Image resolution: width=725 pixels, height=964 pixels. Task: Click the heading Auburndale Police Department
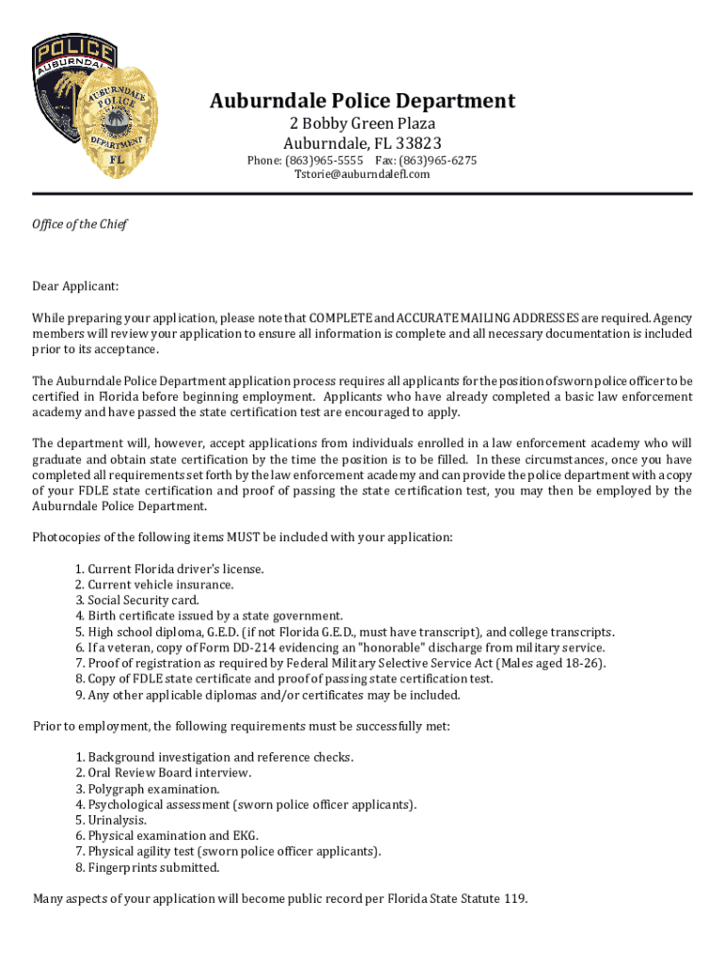[362, 101]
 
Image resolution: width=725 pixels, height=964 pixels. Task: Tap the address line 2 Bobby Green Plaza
[362, 124]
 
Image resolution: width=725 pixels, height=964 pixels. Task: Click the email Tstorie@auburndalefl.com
[362, 174]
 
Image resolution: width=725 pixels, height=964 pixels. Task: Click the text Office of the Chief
[79, 224]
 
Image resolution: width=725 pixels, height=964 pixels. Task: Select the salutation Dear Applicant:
[76, 286]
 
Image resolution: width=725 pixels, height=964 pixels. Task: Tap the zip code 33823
[417, 144]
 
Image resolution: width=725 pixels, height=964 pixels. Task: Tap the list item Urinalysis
[117, 820]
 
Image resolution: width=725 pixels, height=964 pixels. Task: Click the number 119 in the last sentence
[514, 898]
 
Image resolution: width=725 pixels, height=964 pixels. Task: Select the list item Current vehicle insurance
[161, 585]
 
